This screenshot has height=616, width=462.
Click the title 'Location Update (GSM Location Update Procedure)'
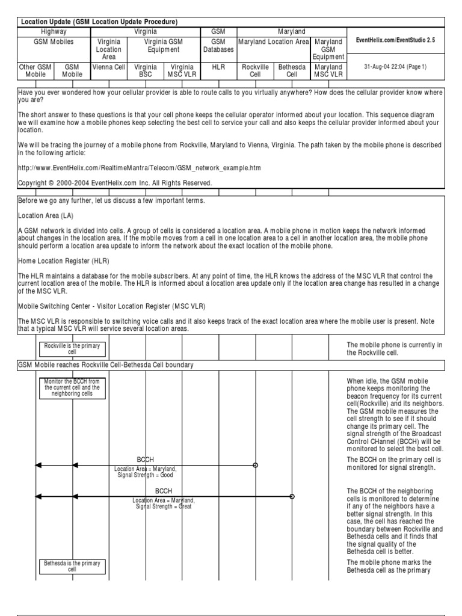(99, 22)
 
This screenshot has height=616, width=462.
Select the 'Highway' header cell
(54, 31)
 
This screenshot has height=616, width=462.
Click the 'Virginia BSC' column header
(146, 71)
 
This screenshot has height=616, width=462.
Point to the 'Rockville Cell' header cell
(255, 71)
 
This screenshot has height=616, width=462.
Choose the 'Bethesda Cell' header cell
(292, 71)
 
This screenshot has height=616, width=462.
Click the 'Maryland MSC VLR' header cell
(328, 71)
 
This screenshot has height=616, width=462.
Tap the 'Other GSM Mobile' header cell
(35, 71)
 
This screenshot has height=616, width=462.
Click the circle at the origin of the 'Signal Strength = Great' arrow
(292, 496)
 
